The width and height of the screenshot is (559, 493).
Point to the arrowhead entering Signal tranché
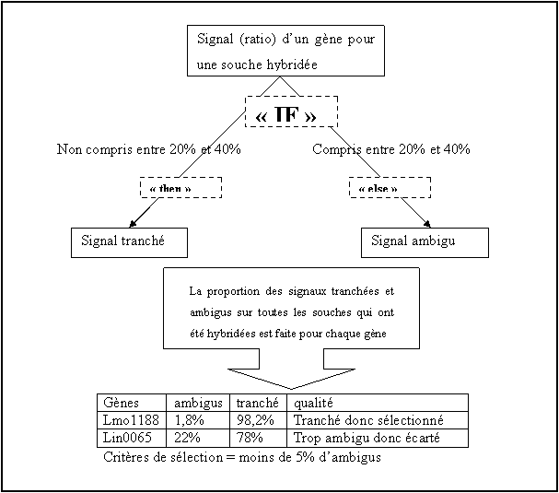[x=133, y=224]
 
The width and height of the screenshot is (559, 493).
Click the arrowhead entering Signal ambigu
[x=427, y=224]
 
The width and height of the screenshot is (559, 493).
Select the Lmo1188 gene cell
[x=132, y=420]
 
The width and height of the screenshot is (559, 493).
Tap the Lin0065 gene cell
[x=132, y=438]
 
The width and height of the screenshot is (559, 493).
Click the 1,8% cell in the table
[x=198, y=420]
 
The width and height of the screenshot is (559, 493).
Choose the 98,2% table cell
[x=258, y=420]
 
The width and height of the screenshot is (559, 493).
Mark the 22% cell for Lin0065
[x=198, y=438]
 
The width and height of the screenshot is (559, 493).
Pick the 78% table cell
[x=258, y=438]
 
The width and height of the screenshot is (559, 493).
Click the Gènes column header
[x=132, y=403]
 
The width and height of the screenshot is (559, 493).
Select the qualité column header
[x=378, y=403]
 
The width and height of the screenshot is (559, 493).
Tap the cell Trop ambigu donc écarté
[x=378, y=438]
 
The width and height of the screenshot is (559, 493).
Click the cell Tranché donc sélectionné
[x=378, y=420]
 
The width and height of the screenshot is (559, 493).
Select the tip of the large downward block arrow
[x=291, y=389]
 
